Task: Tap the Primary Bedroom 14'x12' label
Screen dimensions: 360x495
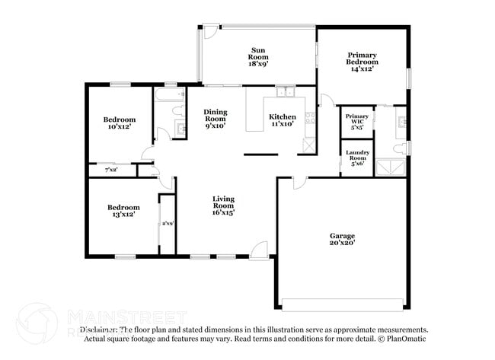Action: point(362,60)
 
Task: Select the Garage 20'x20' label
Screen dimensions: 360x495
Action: point(342,241)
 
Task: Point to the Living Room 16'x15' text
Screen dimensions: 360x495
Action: point(222,205)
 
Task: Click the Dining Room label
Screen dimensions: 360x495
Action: point(215,119)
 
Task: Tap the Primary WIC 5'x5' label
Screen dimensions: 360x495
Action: point(356,121)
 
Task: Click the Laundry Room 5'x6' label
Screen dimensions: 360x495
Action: point(356,158)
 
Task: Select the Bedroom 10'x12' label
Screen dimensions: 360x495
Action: point(119,123)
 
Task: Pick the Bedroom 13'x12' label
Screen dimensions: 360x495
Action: point(123,212)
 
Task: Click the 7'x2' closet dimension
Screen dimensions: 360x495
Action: point(111,169)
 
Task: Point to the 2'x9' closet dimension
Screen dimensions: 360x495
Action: point(167,224)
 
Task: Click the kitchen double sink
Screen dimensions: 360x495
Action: point(286,93)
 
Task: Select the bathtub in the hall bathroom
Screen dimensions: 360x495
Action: point(168,95)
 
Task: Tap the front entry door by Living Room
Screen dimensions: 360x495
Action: point(259,250)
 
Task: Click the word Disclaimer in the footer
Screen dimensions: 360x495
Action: point(100,330)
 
